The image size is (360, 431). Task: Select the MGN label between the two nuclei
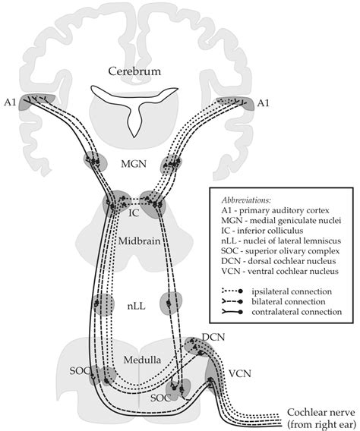click(134, 162)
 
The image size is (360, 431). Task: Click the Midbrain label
click(134, 240)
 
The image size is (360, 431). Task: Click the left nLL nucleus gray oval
click(97, 302)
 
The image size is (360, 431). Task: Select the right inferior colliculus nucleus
click(154, 203)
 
